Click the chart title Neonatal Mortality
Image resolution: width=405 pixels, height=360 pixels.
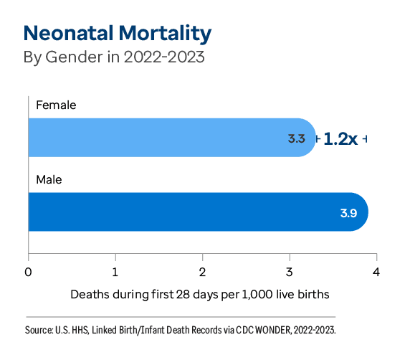pos(117,34)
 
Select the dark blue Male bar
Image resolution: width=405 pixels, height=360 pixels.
pos(194,212)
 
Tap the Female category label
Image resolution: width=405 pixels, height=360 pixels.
pos(56,105)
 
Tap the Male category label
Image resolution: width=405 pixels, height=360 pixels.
pos(49,179)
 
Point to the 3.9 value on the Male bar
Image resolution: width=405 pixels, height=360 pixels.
pos(349,213)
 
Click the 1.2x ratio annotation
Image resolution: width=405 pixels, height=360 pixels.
pos(340,138)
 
